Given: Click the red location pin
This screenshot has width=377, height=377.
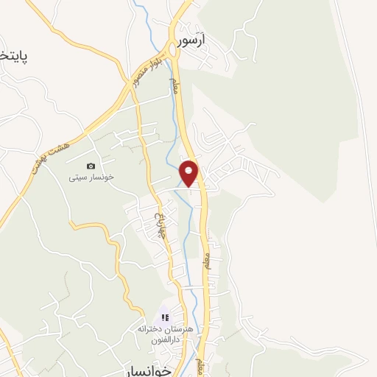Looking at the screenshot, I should (189, 173).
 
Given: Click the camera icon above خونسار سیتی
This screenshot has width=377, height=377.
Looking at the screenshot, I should (91, 166).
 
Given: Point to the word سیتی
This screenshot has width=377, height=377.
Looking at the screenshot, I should (77, 177).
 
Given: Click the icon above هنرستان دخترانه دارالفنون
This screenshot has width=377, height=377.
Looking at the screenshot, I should (165, 317).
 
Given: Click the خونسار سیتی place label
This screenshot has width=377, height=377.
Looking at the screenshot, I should (90, 177).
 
